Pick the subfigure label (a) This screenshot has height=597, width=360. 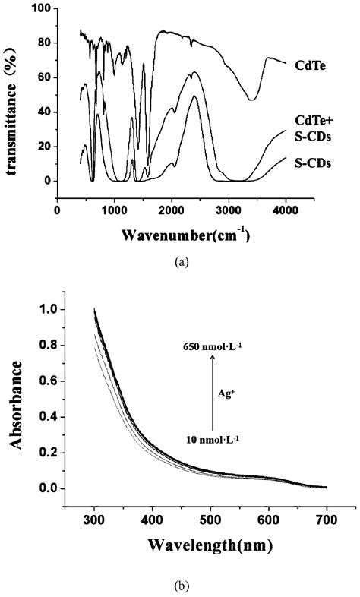coord(180,261)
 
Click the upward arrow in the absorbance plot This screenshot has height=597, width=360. coord(213,391)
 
